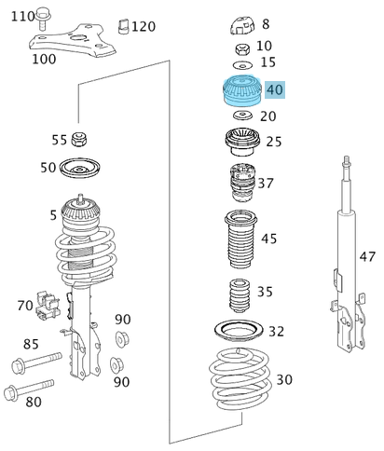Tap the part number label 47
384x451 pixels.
pos(368,256)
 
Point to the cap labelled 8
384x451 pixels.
pos(240,24)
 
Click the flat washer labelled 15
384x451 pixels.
pos(240,63)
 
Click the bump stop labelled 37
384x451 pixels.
pos(238,182)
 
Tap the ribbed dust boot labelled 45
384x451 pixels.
pos(239,239)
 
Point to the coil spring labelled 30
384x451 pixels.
pos(241,383)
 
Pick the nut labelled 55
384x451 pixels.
pos(80,141)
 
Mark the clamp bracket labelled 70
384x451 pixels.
pos(51,304)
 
